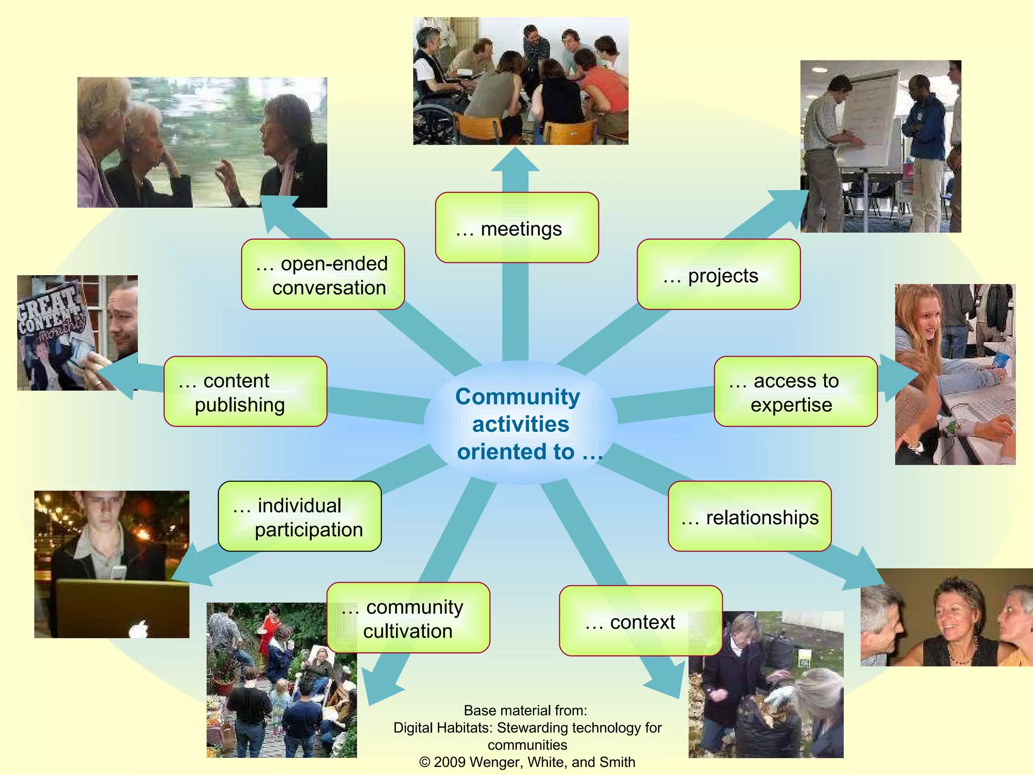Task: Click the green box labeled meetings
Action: point(516,228)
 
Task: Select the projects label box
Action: point(718,274)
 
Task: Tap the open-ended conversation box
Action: point(323,274)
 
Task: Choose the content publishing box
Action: point(245,392)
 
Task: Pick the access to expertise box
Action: point(795,392)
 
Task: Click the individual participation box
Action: point(300,516)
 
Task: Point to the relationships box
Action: point(750,516)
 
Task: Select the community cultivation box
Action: point(408,618)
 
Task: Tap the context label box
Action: point(641,621)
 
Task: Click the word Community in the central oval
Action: point(518,397)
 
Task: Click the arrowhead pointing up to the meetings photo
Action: point(515,160)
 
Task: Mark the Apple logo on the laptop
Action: point(138,629)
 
